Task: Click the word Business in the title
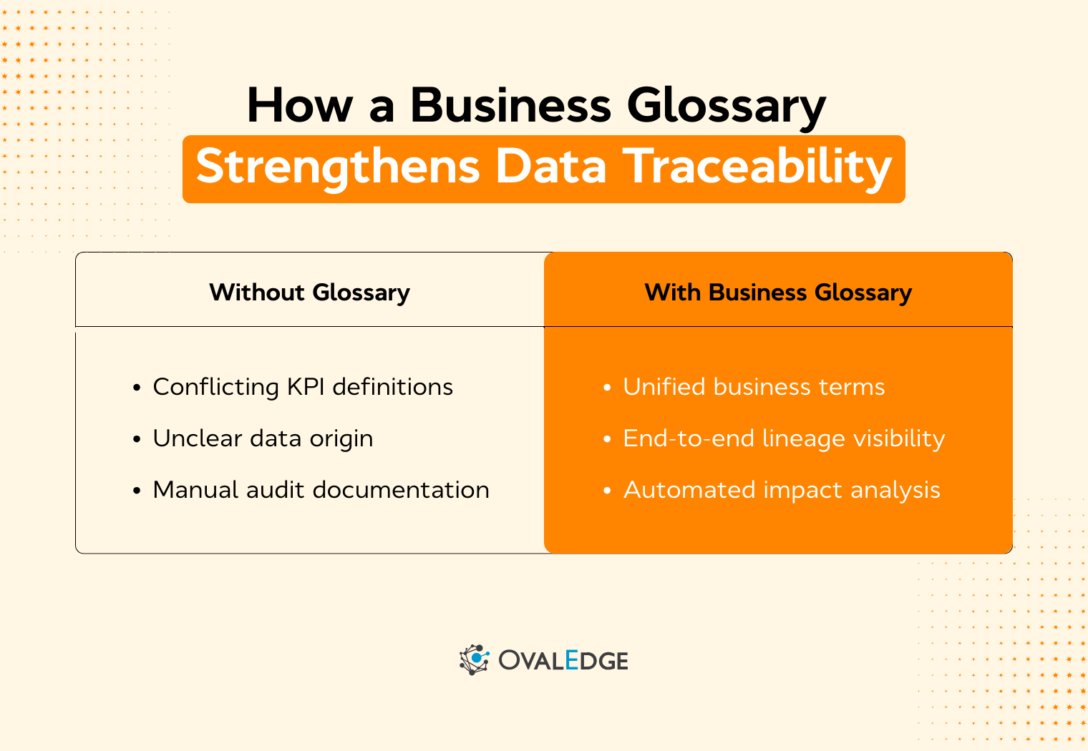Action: pyautogui.click(x=510, y=106)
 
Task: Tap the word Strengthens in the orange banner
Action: pyautogui.click(x=337, y=167)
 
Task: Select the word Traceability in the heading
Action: pyautogui.click(x=757, y=167)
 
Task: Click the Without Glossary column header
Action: pyautogui.click(x=309, y=293)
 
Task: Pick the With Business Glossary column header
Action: pyautogui.click(x=778, y=293)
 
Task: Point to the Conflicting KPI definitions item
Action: pyautogui.click(x=303, y=387)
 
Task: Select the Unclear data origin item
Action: pyautogui.click(x=263, y=438)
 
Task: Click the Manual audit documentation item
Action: pyautogui.click(x=321, y=490)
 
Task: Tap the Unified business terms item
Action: pyautogui.click(x=754, y=387)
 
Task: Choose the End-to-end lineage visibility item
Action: pyautogui.click(x=784, y=438)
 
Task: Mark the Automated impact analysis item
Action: pyautogui.click(x=782, y=490)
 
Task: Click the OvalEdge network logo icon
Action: pyautogui.click(x=474, y=659)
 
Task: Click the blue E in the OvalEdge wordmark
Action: pyautogui.click(x=571, y=659)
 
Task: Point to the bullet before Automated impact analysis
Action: pyautogui.click(x=608, y=491)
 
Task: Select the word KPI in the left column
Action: pyautogui.click(x=306, y=387)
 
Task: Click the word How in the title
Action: pyautogui.click(x=300, y=106)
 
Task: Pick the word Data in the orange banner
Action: pyautogui.click(x=551, y=167)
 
